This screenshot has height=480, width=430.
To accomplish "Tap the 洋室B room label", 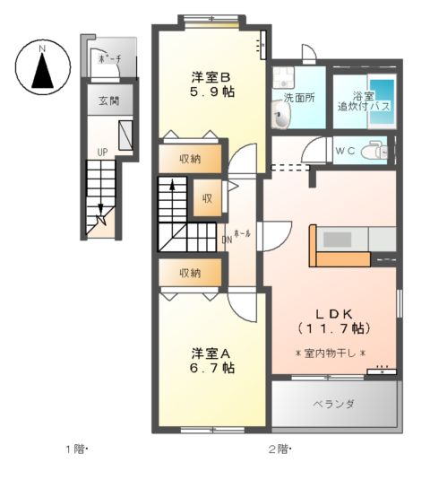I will pyautogui.click(x=211, y=75).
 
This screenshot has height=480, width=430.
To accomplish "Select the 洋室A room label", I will pyautogui.click(x=211, y=351).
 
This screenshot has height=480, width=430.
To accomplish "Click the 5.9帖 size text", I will pyautogui.click(x=212, y=92).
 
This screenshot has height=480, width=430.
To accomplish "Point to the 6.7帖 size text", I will pyautogui.click(x=212, y=367).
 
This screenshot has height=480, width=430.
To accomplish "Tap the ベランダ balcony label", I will pyautogui.click(x=333, y=404).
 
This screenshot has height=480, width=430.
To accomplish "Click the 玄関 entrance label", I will pyautogui.click(x=108, y=100).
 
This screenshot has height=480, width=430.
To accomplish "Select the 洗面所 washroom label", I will pyautogui.click(x=299, y=97).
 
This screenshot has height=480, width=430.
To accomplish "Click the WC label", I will pyautogui.click(x=345, y=152).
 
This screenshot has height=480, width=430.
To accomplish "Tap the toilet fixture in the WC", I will pyautogui.click(x=375, y=153).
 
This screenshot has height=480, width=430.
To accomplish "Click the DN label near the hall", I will pyautogui.click(x=228, y=240).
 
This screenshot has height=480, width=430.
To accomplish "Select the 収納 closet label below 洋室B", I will pyautogui.click(x=189, y=159).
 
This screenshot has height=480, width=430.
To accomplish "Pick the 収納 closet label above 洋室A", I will pyautogui.click(x=189, y=273).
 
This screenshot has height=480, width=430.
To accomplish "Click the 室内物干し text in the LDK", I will pyautogui.click(x=331, y=353).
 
